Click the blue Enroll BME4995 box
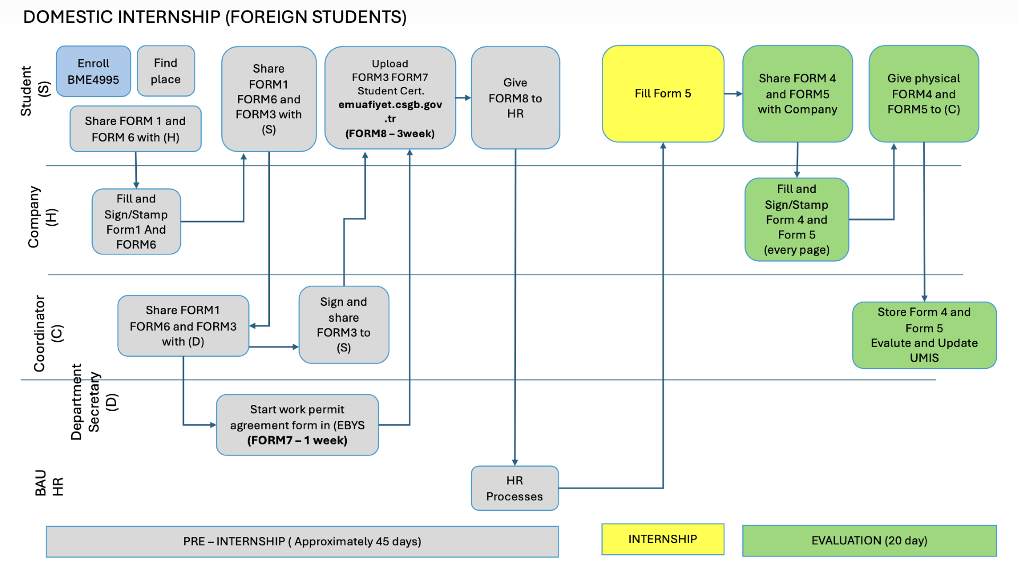[x=93, y=71]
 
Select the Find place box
[x=166, y=71]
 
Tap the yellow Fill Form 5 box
[x=663, y=94]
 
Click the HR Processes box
[x=514, y=488]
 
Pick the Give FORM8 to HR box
[x=515, y=98]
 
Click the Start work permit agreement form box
[x=297, y=424]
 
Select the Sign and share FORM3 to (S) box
[x=344, y=324]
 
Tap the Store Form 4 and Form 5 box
[x=924, y=335]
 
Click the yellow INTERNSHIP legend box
[x=662, y=539]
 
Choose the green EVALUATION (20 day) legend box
[x=869, y=541]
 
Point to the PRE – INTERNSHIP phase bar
[x=302, y=541]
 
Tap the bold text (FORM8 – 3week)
[x=390, y=134]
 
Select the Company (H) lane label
[x=42, y=217]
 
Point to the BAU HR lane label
[x=49, y=483]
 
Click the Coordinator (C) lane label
[x=48, y=333]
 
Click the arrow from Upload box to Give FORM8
[x=463, y=98]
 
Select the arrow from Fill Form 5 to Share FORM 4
[x=733, y=94]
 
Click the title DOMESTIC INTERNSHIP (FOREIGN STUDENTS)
[x=215, y=17]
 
